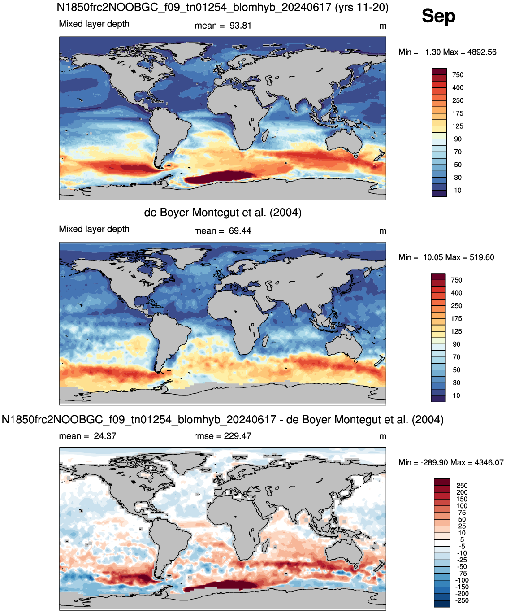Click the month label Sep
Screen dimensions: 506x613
[x=438, y=16]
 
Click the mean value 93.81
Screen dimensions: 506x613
[x=240, y=26]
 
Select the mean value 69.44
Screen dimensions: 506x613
[x=240, y=231]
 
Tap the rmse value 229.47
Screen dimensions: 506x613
[x=238, y=436]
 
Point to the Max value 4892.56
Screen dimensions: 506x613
[x=482, y=52]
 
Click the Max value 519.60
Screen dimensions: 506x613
[x=482, y=257]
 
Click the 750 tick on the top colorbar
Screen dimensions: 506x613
[x=458, y=75]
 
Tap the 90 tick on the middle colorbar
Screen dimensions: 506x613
[x=456, y=344]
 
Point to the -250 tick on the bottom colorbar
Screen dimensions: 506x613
[x=462, y=600]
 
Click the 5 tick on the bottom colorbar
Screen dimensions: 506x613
[x=462, y=539]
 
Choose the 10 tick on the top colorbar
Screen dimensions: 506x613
[x=458, y=191]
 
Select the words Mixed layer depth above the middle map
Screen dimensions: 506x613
[x=94, y=229]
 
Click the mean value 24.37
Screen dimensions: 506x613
[x=105, y=436]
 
